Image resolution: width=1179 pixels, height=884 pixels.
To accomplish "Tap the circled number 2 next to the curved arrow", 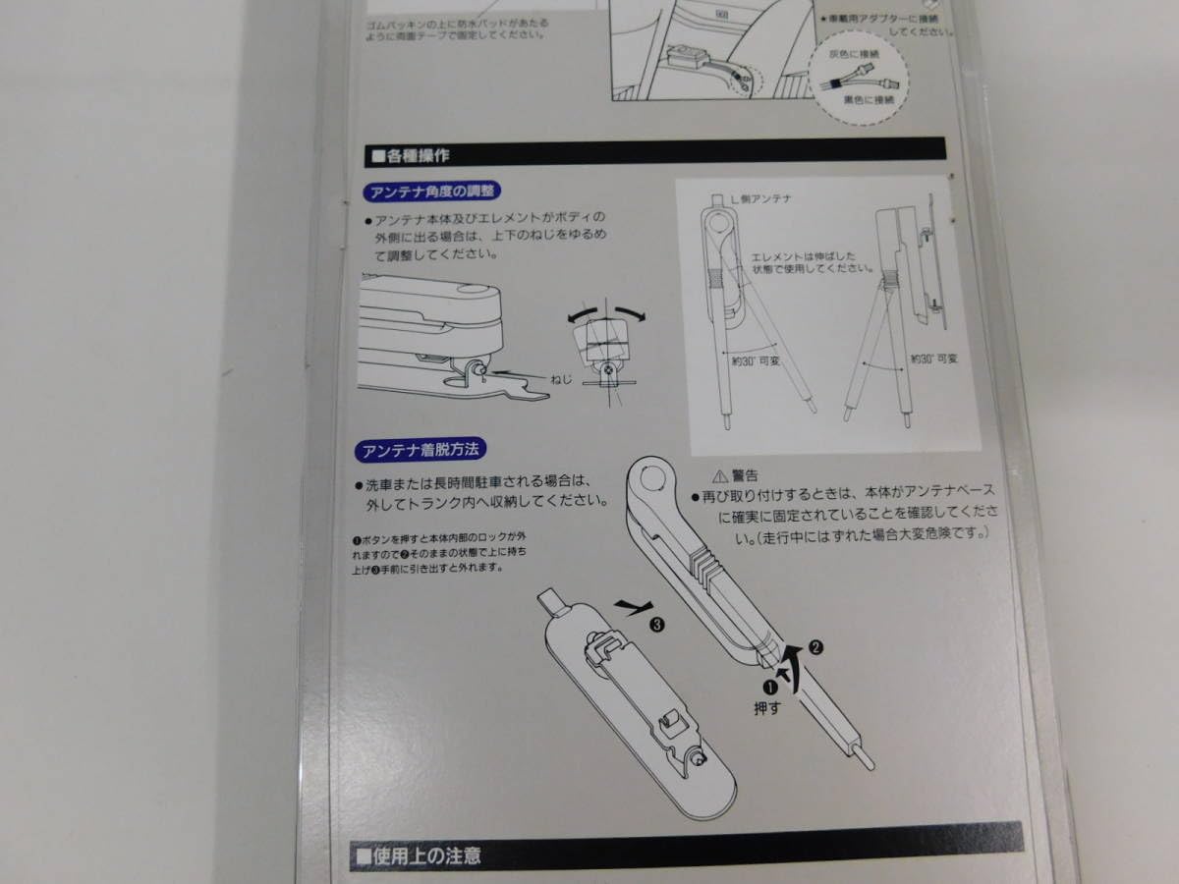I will [x=814, y=646].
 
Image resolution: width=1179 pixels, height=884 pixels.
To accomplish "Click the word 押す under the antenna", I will [x=766, y=707].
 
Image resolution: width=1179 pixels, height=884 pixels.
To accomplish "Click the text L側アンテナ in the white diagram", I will [x=767, y=198].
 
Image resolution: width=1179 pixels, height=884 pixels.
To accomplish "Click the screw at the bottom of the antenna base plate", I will [x=696, y=758].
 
